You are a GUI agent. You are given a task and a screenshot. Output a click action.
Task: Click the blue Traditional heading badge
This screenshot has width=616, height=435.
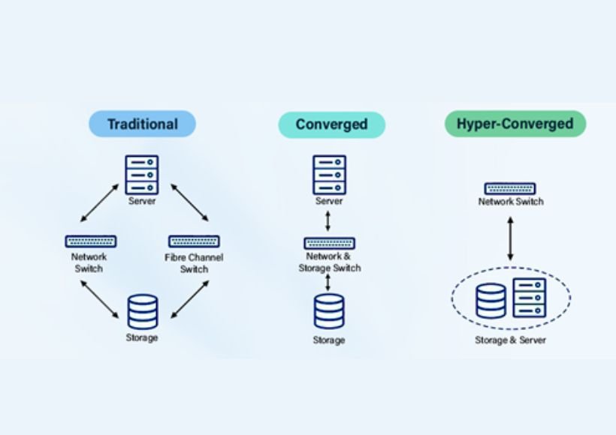pyautogui.click(x=142, y=124)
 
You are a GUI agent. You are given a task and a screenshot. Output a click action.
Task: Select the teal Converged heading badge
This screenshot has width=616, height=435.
pyautogui.click(x=331, y=124)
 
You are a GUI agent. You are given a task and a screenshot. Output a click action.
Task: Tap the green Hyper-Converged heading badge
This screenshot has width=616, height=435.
pyautogui.click(x=515, y=124)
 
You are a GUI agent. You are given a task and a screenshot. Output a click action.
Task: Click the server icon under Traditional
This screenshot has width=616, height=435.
pyautogui.click(x=142, y=175)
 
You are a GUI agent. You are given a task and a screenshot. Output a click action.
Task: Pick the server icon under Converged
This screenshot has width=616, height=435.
pyautogui.click(x=329, y=175)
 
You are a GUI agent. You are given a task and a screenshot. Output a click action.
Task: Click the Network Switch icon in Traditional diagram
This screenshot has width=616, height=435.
pyautogui.click(x=90, y=241)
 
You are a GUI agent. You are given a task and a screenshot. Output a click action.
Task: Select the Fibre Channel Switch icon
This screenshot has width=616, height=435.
pyautogui.click(x=194, y=241)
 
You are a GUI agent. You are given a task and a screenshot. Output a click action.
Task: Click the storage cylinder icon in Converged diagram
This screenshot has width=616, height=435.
pyautogui.click(x=329, y=311)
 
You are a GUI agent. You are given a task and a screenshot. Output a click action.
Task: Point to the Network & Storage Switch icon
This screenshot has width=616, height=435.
pyautogui.click(x=329, y=243)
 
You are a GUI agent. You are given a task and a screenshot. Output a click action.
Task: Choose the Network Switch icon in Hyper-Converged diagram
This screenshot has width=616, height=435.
pyautogui.click(x=510, y=188)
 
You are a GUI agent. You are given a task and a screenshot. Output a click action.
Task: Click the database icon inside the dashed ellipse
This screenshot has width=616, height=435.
pyautogui.click(x=491, y=299)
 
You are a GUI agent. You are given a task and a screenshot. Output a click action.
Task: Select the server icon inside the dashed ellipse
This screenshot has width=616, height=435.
pyautogui.click(x=530, y=298)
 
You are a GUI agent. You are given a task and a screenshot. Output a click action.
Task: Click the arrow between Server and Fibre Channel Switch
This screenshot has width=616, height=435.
pyautogui.click(x=189, y=202)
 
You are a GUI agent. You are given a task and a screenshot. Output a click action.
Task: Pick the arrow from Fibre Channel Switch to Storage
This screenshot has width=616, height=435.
pyautogui.click(x=189, y=298)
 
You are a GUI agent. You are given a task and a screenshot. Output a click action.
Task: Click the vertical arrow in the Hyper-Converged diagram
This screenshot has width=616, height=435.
pyautogui.click(x=510, y=238)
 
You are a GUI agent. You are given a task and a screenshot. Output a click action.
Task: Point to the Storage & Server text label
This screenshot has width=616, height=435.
pyautogui.click(x=510, y=340)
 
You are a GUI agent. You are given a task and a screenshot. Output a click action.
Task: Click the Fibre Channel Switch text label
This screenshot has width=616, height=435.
pyautogui.click(x=194, y=263)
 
